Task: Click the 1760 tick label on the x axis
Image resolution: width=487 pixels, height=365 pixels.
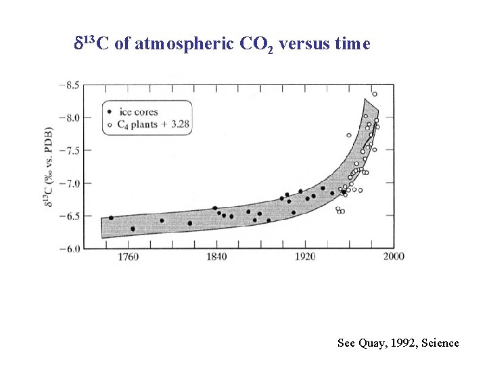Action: pos(128,257)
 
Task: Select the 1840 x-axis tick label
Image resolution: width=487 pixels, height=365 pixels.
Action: pos(216,257)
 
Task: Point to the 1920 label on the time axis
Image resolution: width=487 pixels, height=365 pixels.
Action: pos(305,257)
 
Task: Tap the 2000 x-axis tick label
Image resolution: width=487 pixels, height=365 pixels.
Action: pos(394,257)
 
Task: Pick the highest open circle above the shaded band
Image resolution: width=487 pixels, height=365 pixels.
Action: pos(375,94)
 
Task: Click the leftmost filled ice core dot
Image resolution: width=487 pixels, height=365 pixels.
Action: pos(111,218)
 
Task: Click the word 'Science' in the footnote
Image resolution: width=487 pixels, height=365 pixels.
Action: pos(440,343)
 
